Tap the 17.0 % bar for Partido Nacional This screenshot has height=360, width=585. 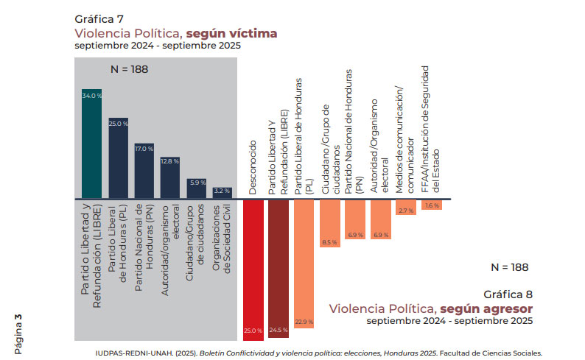[x=144, y=171]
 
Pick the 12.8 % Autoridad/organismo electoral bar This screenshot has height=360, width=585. [x=169, y=177]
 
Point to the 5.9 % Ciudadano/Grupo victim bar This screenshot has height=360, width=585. [x=195, y=188]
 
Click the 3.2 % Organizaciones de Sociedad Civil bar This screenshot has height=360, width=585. [x=222, y=193]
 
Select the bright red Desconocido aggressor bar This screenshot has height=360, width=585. [x=253, y=269]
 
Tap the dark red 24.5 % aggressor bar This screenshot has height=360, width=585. [x=279, y=268]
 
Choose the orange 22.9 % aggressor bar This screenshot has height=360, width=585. [x=304, y=265]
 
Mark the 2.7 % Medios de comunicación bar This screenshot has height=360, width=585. [x=406, y=207]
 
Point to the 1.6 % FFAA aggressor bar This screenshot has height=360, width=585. [x=432, y=204]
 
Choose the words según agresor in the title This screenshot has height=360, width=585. [x=486, y=307]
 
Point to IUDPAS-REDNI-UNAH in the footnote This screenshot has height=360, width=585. [x=132, y=352]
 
